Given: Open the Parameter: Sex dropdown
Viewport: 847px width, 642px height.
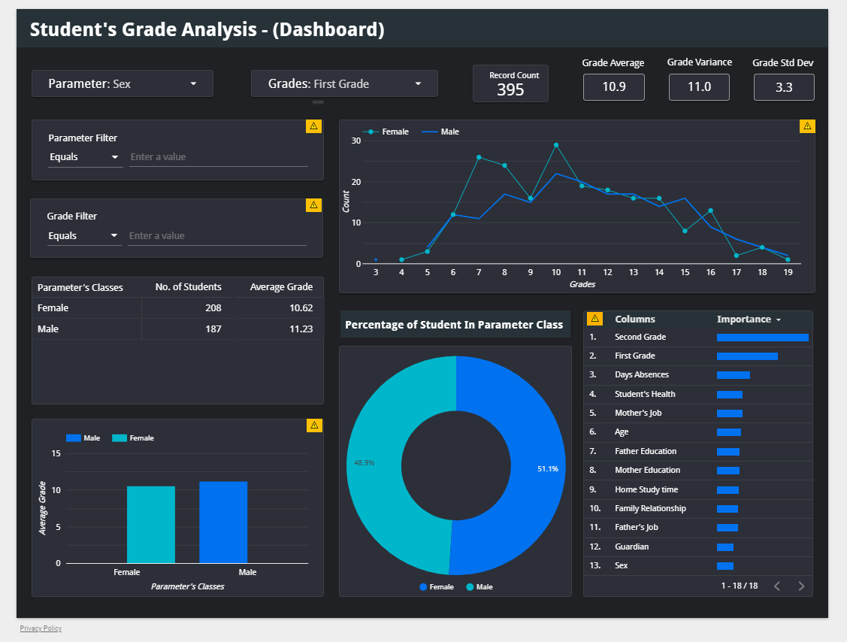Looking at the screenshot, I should [122, 83].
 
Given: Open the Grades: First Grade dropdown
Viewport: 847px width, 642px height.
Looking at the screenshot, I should [344, 83].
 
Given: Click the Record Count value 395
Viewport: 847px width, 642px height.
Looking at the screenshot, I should [510, 90].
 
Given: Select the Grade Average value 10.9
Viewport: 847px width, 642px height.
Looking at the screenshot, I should [613, 87].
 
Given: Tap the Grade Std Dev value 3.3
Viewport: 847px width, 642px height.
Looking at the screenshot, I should [783, 87].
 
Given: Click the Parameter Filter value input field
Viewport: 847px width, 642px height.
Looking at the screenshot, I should [218, 157].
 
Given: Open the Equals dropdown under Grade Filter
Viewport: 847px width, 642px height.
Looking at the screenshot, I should [83, 236].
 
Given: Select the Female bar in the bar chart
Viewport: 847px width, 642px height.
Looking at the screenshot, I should [150, 525].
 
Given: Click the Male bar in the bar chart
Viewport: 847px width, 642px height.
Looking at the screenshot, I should [223, 522].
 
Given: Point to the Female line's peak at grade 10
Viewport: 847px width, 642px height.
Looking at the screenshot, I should [556, 145].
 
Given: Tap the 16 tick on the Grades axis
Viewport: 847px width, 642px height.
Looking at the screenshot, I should [710, 272].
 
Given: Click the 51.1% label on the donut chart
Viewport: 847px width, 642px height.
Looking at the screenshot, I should [547, 469].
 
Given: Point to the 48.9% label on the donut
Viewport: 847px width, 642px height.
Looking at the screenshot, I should [365, 463].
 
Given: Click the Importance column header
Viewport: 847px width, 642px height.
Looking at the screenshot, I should [744, 319].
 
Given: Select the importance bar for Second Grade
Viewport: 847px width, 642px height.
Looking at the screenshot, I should [762, 338].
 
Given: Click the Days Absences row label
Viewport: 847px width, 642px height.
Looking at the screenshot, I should [641, 375].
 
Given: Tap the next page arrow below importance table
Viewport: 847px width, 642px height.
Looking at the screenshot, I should [801, 586].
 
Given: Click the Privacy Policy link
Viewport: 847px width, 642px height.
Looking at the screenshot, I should [41, 628].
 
